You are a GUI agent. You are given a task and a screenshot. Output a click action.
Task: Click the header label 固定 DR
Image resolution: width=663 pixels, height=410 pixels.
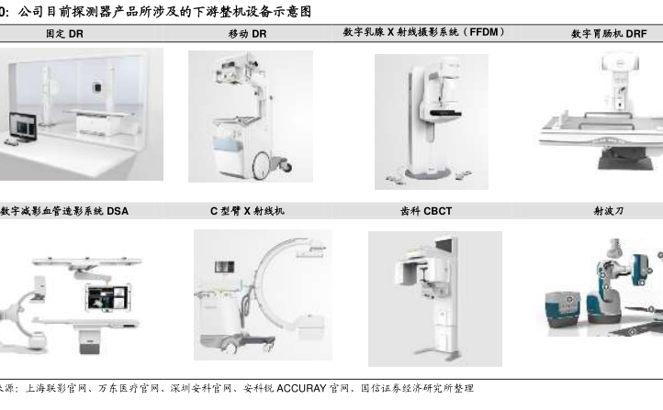coord(64,34)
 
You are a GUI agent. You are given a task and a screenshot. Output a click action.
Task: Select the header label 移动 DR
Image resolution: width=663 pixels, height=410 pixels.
coord(247,34)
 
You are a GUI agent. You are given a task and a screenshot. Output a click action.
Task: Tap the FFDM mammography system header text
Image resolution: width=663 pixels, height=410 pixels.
coord(423,32)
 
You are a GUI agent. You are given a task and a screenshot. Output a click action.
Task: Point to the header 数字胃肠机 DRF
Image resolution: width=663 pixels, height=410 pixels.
coord(609,34)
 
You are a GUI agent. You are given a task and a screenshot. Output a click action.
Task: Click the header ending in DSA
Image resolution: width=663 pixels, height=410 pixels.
coord(64,211)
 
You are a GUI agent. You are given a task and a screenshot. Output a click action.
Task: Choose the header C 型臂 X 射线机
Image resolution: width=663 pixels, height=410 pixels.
coord(247,211)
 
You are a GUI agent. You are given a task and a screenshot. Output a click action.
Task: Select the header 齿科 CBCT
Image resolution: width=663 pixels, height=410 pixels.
coord(426,211)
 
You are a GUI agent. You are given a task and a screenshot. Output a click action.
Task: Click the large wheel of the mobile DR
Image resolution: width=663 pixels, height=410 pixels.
coord(262,165)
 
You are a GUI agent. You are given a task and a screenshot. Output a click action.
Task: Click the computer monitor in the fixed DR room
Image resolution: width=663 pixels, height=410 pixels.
coord(23,127)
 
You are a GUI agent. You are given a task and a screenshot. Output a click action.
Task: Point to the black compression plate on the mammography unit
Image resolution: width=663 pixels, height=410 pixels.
coord(444,113)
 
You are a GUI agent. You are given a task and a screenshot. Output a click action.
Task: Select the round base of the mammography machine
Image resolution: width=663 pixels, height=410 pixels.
coord(428,173)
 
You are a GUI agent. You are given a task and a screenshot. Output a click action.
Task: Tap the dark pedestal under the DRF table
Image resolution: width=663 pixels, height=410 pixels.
coord(625,159)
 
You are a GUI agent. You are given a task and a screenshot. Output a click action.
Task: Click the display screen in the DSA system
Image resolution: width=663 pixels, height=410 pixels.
coord(107,297)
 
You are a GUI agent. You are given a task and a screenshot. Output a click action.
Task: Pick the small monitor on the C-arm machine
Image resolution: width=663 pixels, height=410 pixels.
coord(225,267)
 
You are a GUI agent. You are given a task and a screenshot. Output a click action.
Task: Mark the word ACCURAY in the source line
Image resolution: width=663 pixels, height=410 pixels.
coord(301,388)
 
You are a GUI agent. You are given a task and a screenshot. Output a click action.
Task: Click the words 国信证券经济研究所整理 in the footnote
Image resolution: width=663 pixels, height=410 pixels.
coord(417,388)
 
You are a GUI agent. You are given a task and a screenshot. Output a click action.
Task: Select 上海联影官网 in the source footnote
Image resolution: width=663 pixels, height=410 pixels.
coord(56,388)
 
